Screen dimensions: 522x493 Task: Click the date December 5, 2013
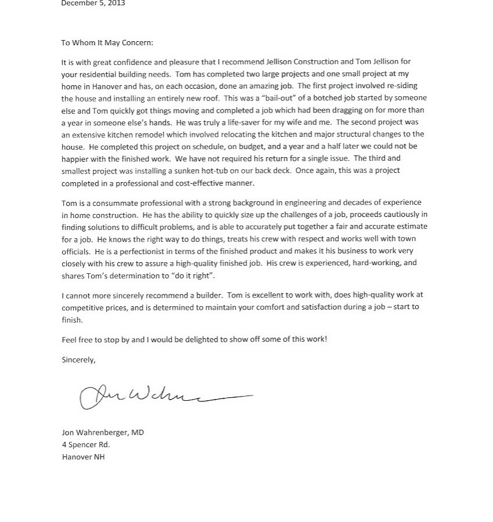click(93, 3)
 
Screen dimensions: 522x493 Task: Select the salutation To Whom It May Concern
click(107, 42)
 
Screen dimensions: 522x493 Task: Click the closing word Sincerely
click(78, 360)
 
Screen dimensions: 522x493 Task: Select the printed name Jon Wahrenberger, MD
click(103, 432)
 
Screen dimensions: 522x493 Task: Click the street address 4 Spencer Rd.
click(86, 444)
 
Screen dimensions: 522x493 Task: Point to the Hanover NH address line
click(83, 456)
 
